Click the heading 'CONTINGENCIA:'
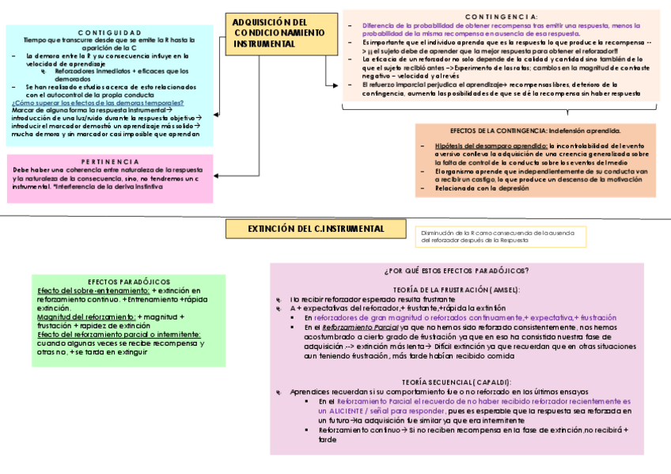tap(501, 17)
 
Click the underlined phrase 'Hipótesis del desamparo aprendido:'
tap(491, 146)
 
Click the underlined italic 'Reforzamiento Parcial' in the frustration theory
tap(360, 327)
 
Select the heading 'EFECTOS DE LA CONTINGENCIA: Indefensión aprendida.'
tap(535, 131)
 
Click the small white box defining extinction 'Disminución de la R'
tap(500, 237)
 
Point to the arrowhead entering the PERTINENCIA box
tap(216, 173)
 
